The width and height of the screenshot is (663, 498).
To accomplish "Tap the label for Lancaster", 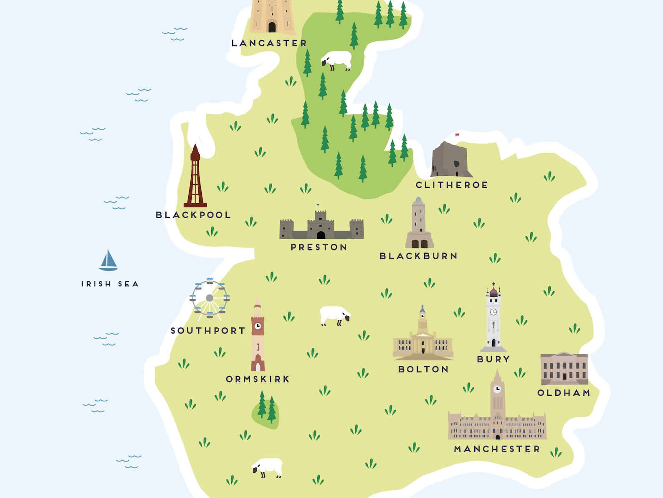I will click(269, 43).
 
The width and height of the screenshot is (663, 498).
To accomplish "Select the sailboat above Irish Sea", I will click(109, 261).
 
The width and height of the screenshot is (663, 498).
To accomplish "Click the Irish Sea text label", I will click(110, 284).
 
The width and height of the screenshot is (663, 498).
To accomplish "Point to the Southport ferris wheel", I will click(210, 298).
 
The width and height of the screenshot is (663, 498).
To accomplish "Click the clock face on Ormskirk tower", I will click(258, 326).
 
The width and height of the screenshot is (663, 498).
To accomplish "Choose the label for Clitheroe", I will click(452, 185).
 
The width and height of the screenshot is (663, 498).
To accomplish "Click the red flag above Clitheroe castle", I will click(457, 134).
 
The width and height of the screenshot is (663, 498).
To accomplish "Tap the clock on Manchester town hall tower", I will click(497, 389).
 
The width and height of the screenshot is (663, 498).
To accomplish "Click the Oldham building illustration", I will click(564, 369).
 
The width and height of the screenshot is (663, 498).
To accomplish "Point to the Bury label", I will click(493, 359).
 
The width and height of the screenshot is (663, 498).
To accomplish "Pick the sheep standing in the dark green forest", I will click(337, 60).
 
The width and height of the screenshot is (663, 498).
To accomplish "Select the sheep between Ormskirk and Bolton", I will click(334, 315).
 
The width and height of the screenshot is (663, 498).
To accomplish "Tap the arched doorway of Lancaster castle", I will click(272, 27).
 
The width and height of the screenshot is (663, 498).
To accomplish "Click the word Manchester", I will click(497, 449).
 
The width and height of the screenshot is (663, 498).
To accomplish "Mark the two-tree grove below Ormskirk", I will click(266, 409).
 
